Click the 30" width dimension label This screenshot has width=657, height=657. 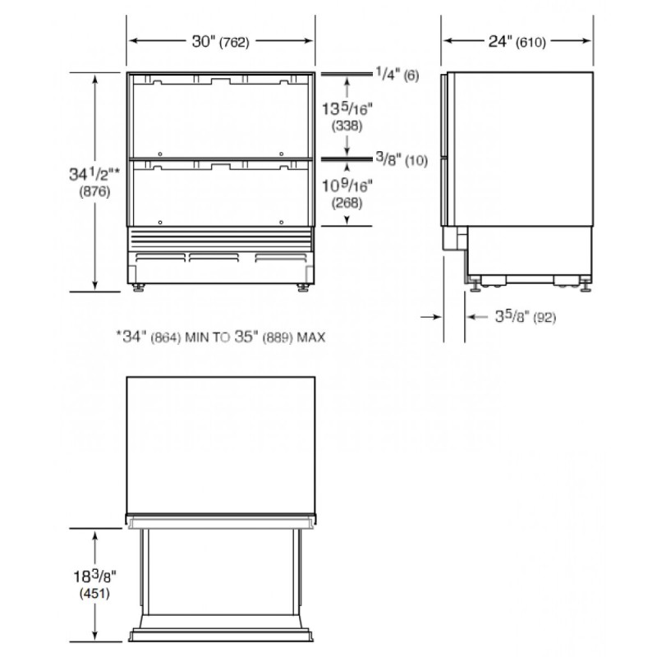[203, 42]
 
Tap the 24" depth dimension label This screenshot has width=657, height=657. [500, 42]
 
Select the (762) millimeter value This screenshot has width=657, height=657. [234, 43]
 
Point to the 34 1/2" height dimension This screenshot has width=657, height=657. [94, 173]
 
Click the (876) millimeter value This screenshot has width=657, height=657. [94, 191]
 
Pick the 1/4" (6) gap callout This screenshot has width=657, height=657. [397, 75]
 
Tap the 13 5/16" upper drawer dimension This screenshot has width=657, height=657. [347, 108]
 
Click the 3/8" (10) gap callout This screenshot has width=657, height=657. [402, 159]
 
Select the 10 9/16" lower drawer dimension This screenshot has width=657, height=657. [347, 186]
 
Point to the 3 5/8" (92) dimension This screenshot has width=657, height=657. [526, 317]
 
